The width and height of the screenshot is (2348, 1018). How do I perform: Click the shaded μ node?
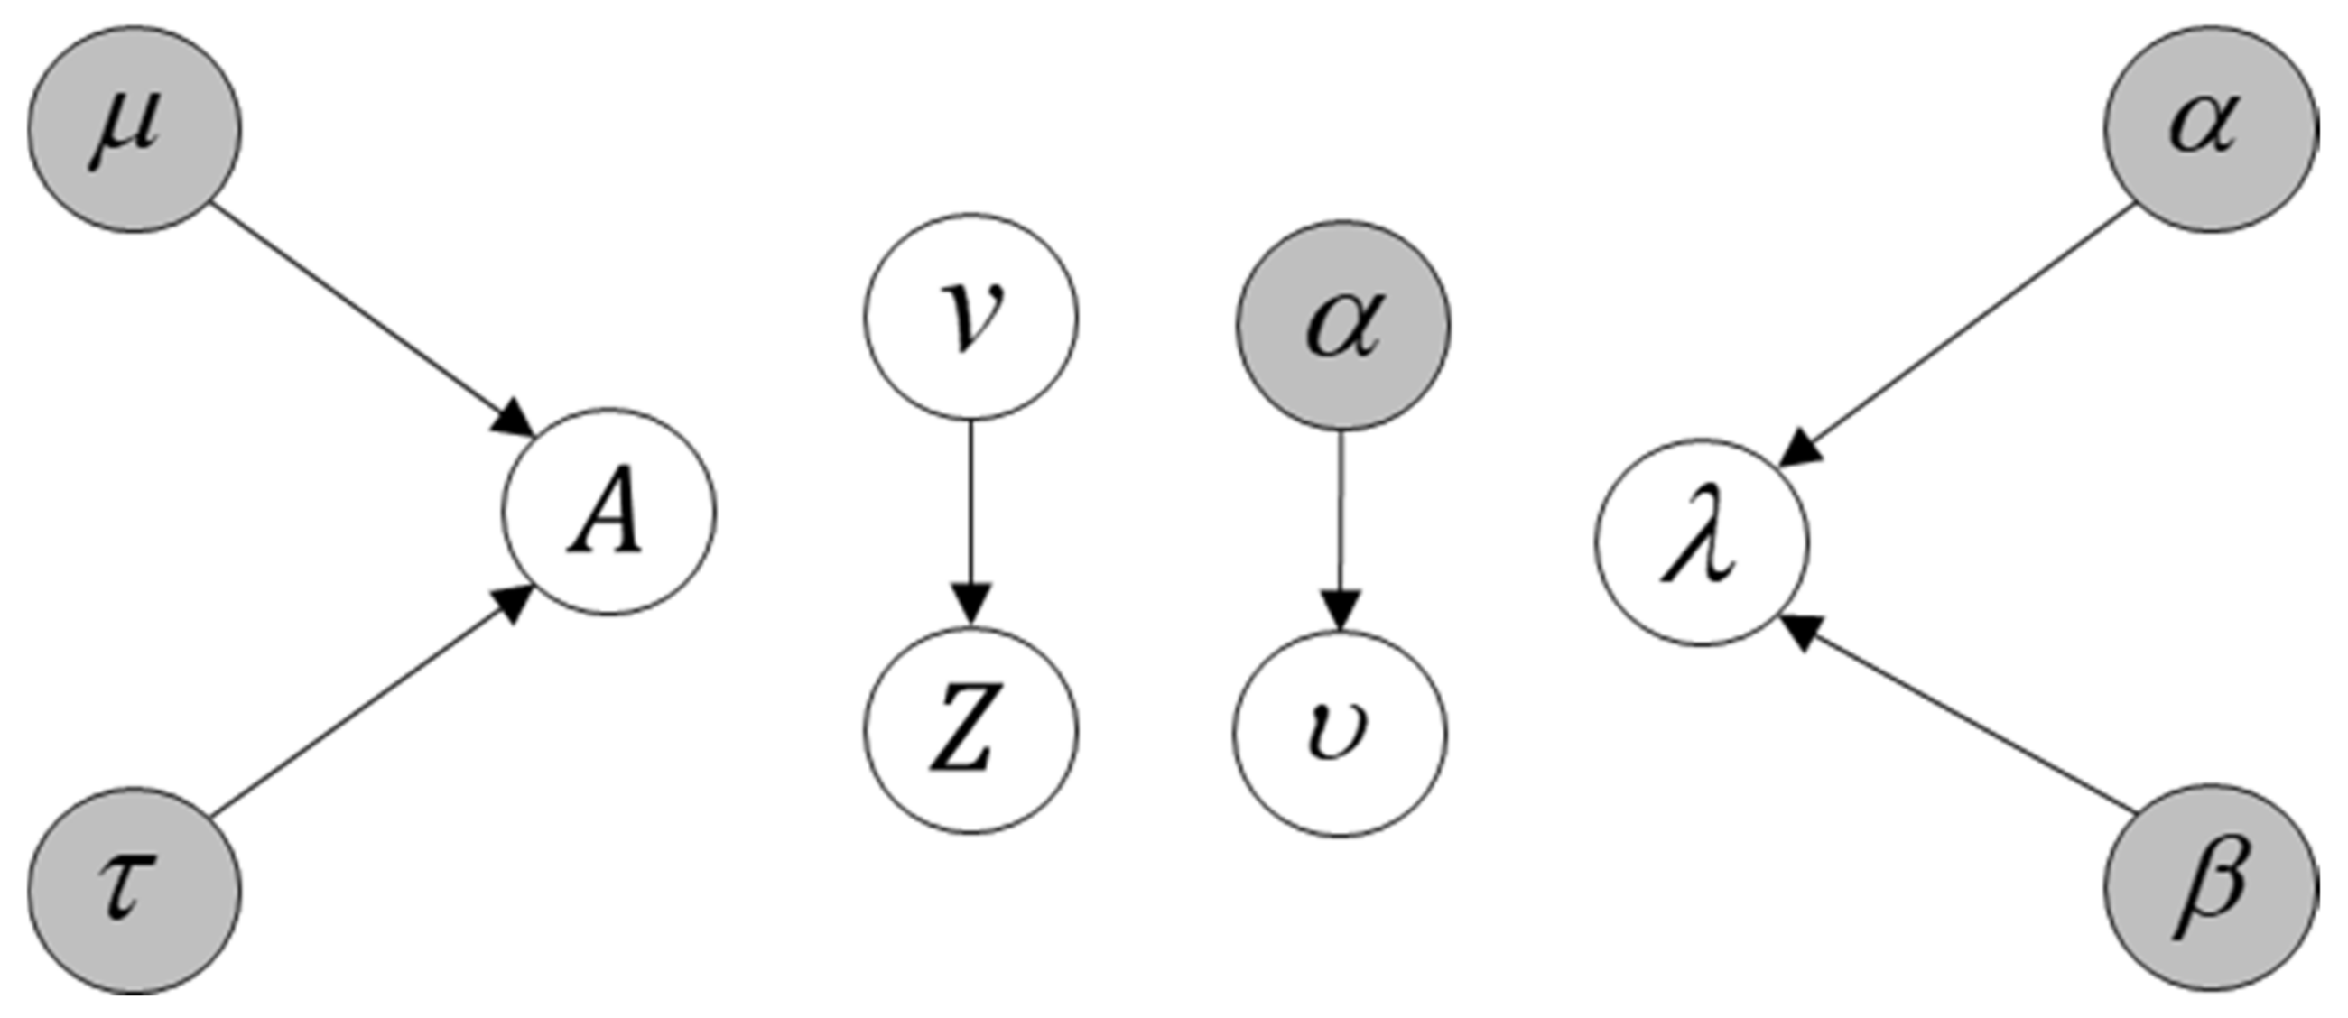(134, 128)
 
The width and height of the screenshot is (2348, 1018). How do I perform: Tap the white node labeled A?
(608, 512)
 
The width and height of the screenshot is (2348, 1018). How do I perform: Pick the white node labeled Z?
(970, 730)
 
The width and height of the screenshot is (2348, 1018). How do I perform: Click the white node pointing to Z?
(970, 317)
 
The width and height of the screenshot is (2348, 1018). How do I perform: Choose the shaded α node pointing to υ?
(1342, 325)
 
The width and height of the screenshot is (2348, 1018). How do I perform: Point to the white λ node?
(1701, 543)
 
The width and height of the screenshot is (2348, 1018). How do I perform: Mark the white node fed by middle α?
(1340, 734)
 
